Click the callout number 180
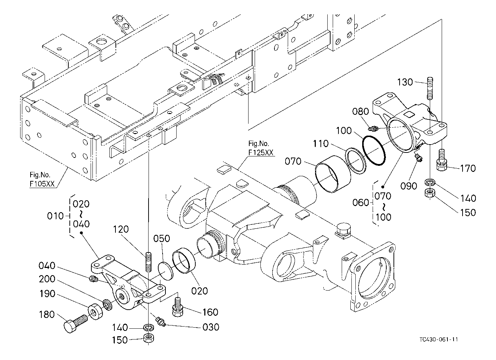coord(47,315)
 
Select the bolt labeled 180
coord(75,324)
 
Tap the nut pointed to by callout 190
coord(95,311)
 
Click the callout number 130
coord(405,82)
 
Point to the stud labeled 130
coord(429,88)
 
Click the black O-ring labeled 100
coord(374,151)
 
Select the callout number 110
coord(320,144)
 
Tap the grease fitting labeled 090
coord(418,157)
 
